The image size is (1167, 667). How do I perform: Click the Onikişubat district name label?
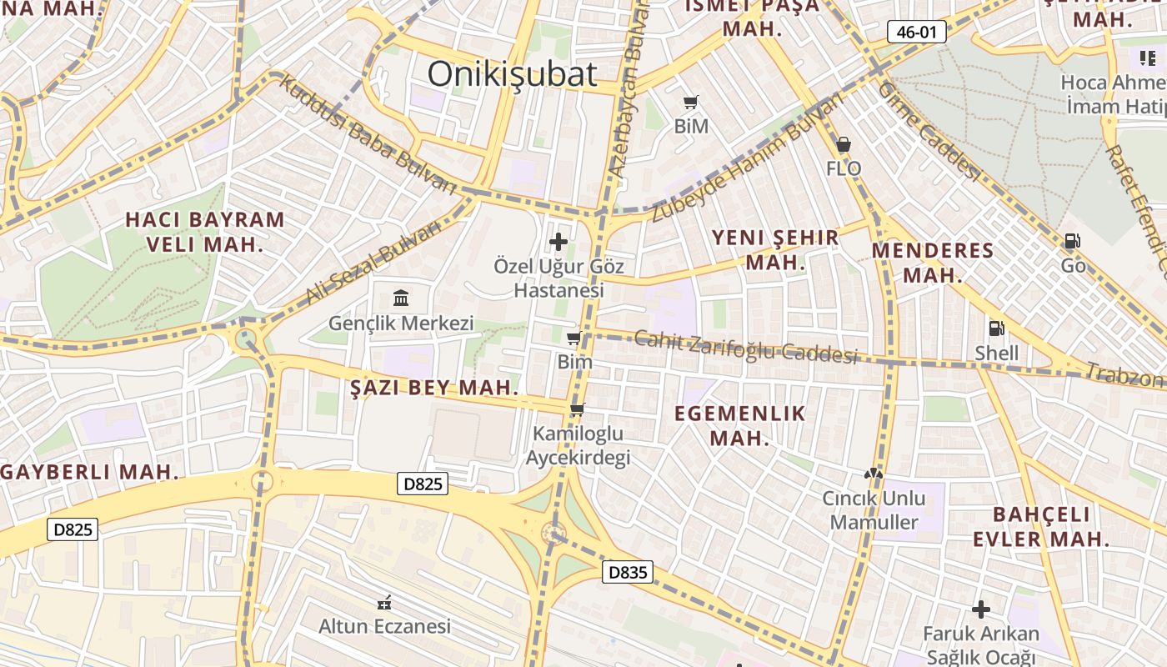[x=512, y=74]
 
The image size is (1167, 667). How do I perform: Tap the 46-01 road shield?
[x=916, y=33]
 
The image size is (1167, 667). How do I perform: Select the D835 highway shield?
[x=627, y=572]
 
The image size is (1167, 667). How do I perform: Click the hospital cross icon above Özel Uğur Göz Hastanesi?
[x=558, y=243]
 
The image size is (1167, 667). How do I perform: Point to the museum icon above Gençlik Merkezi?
[x=401, y=298]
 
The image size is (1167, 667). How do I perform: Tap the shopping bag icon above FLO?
[x=844, y=144]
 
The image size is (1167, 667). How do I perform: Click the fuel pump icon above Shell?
[x=995, y=328]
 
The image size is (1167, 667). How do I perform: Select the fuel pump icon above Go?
[x=1072, y=242]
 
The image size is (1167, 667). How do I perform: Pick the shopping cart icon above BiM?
[x=690, y=103]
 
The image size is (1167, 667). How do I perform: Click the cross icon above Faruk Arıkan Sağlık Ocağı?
[x=980, y=609]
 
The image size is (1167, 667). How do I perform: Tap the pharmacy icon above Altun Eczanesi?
[x=384, y=602]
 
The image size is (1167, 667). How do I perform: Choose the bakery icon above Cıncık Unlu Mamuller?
[x=873, y=474]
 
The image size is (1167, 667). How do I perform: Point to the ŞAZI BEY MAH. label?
[x=434, y=388]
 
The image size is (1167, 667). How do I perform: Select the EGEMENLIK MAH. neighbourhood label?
[x=739, y=425]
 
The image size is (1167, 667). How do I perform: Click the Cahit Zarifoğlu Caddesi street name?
[x=746, y=348]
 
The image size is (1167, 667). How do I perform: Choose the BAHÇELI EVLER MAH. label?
[x=1041, y=526]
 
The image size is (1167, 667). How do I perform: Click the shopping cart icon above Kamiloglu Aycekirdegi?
[x=577, y=409]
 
